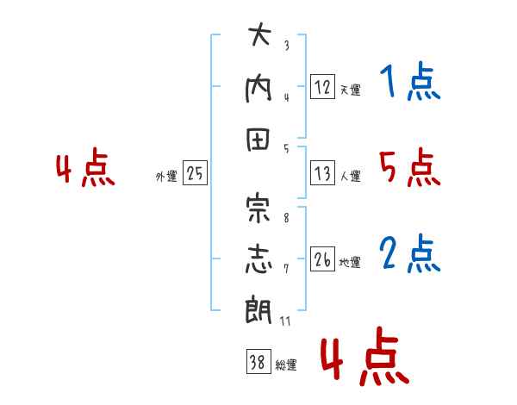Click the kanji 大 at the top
[259, 34]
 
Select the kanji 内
[258, 90]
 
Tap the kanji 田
[258, 140]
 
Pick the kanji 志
[258, 259]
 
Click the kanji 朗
[258, 309]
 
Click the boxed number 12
[322, 86]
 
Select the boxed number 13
[322, 173]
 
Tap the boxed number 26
[322, 259]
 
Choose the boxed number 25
[195, 173]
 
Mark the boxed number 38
[258, 361]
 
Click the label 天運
[350, 90]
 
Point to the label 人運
[350, 176]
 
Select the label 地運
[350, 262]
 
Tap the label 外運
[166, 176]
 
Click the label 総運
[286, 364]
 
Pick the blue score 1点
[410, 82]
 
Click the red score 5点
[410, 167]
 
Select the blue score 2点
[410, 253]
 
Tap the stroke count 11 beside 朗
[285, 321]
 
